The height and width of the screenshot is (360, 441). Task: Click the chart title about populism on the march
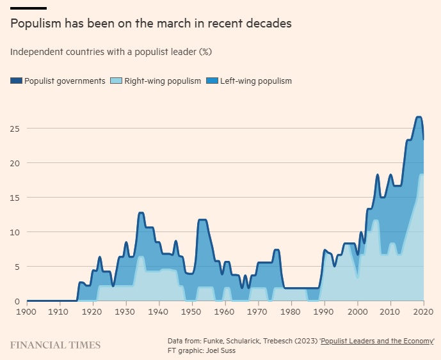tap(151, 24)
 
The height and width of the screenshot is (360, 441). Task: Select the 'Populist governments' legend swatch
tap(16, 81)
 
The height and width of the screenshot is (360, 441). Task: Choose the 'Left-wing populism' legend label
tap(255, 81)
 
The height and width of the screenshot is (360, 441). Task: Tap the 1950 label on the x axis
tap(191, 311)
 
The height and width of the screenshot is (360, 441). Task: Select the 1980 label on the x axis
tap(291, 311)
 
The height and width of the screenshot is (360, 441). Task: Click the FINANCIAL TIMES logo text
tap(55, 345)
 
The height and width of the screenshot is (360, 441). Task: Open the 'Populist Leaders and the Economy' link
tap(380, 340)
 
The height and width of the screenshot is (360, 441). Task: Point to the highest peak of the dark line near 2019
tap(419, 117)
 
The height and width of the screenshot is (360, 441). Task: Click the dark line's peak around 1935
tap(141, 212)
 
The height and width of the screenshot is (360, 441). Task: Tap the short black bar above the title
tap(28, 8)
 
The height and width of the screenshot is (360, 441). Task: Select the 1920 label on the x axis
tap(92, 311)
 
